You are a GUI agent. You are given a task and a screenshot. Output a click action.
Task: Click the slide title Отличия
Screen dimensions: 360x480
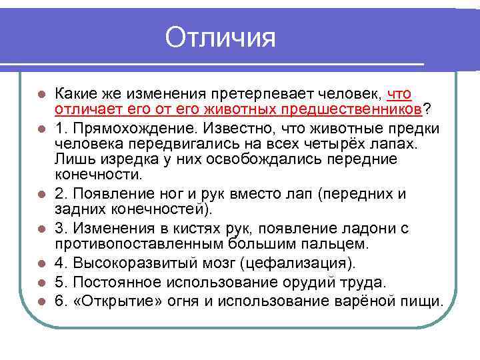[220, 37]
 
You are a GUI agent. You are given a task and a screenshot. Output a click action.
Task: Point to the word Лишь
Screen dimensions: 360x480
[70, 159]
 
